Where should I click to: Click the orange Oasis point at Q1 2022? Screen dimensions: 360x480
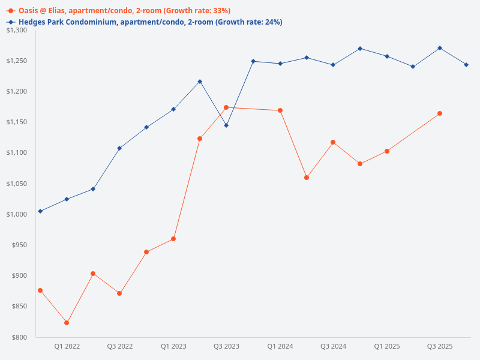point(67,323)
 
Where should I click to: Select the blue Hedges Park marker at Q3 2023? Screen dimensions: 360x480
point(226,125)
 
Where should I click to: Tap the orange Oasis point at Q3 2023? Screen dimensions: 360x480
point(226,108)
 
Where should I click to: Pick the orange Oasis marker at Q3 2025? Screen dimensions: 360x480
point(440,113)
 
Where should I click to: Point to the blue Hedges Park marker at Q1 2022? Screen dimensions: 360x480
point(67,199)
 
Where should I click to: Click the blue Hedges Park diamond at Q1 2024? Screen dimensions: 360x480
point(280,64)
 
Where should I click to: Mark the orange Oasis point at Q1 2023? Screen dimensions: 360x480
point(173,239)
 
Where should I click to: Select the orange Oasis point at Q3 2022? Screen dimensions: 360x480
point(119,293)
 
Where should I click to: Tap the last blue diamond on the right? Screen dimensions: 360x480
point(466,65)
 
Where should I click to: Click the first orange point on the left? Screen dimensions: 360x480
point(40,290)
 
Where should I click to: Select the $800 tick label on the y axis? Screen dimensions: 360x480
point(20,337)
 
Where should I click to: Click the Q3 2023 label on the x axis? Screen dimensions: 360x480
point(226,346)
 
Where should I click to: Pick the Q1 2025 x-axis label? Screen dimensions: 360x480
point(387,346)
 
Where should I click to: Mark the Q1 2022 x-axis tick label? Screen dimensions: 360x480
point(67,346)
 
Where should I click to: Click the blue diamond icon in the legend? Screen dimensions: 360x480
point(11,22)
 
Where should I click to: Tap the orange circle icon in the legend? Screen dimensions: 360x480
point(11,11)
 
